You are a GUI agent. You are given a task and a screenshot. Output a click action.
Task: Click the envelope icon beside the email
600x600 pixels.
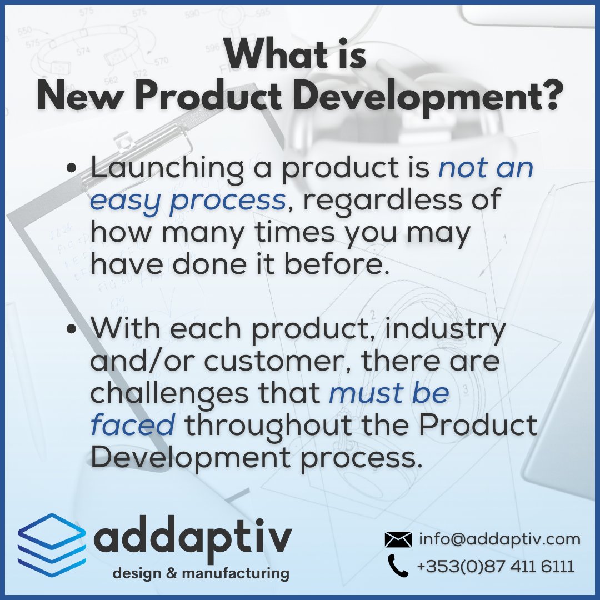coord(398,539)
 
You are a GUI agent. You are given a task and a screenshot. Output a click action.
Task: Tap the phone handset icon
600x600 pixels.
coord(398,566)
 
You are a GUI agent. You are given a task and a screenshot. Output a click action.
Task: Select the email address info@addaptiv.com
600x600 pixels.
coord(499,539)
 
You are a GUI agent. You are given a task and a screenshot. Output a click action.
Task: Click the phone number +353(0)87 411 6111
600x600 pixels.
coord(495,566)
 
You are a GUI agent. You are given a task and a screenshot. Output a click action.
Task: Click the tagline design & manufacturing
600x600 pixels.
coord(201,573)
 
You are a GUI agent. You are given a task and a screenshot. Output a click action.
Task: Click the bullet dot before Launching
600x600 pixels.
coord(71,169)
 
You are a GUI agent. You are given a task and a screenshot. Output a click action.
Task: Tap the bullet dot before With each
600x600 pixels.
coord(71,329)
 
